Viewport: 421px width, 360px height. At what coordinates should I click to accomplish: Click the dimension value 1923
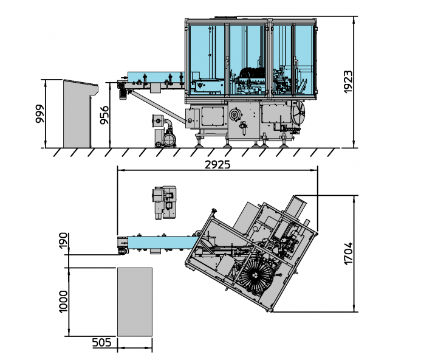click(348, 82)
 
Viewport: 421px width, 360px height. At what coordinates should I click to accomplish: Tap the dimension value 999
click(39, 114)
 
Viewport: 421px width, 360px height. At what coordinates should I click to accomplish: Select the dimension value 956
click(104, 115)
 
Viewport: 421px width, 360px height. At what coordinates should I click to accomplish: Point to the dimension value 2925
click(217, 165)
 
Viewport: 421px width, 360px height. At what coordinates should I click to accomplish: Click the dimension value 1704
click(348, 254)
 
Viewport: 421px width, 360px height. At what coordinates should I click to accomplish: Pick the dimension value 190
click(63, 241)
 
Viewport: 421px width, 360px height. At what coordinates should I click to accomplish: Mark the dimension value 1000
click(63, 302)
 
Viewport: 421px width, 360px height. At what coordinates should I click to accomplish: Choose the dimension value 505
click(101, 342)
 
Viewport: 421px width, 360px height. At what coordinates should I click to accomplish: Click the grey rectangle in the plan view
click(135, 302)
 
